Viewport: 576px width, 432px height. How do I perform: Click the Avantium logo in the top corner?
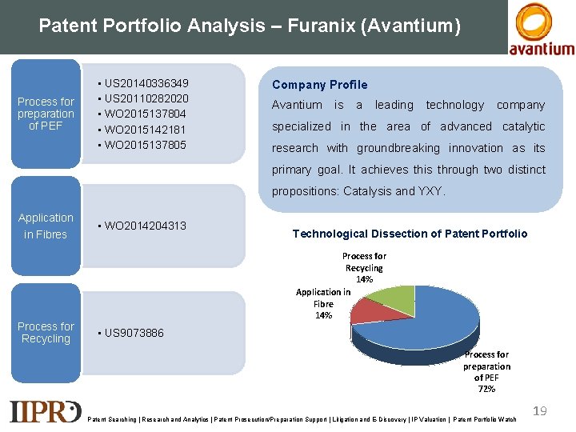pos(542,29)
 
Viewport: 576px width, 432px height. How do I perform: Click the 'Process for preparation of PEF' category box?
pos(46,114)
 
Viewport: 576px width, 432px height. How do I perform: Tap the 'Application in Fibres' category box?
pos(46,226)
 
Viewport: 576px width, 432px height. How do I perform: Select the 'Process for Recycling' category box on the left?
pos(46,333)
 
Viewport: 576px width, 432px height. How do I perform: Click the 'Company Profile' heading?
pos(319,85)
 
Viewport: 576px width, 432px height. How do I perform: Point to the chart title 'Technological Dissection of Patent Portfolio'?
pos(410,234)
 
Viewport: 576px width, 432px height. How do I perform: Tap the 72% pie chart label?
pos(486,389)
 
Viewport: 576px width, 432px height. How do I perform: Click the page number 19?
pos(540,410)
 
